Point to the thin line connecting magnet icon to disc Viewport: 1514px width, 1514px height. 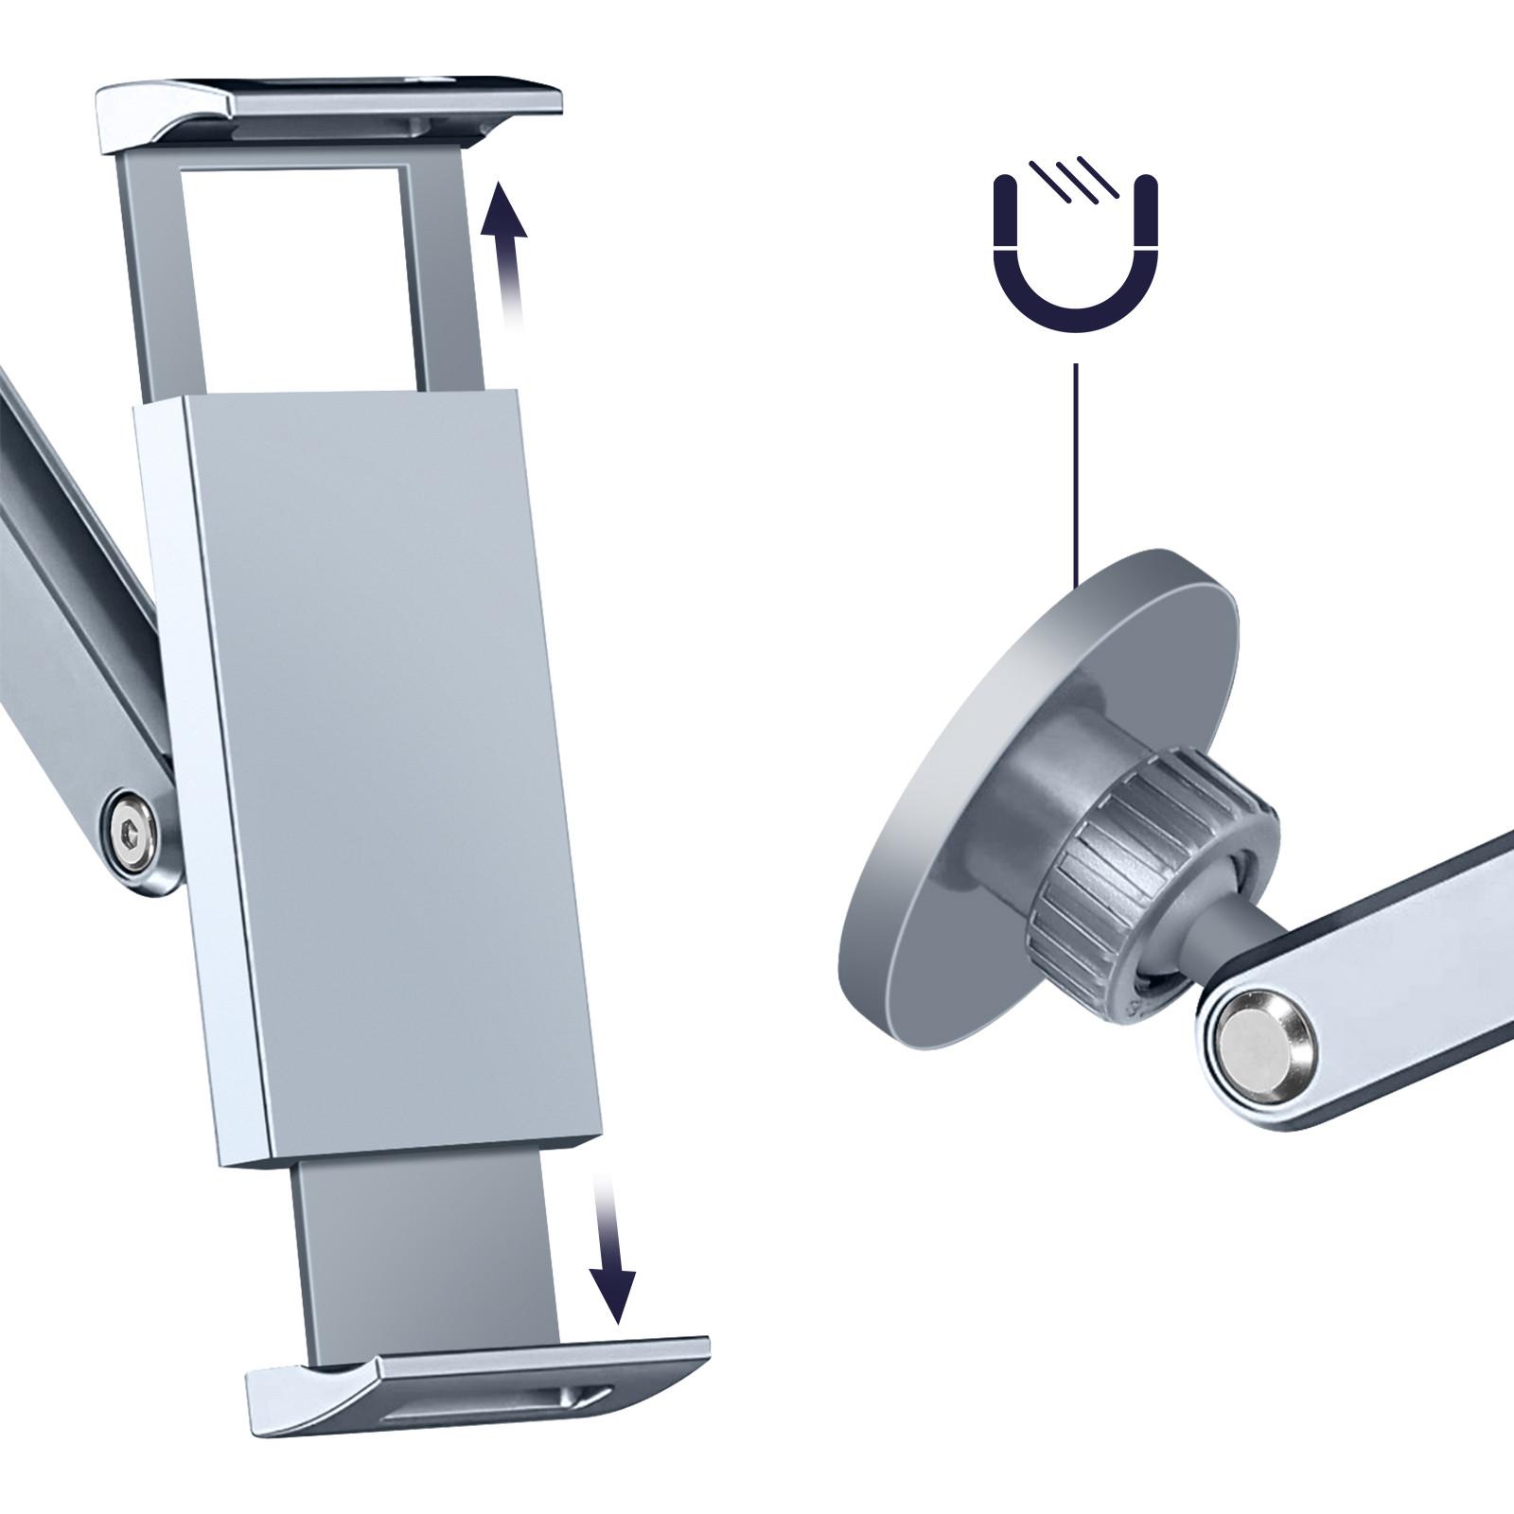(x=1076, y=473)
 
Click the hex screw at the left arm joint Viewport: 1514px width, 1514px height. (x=132, y=834)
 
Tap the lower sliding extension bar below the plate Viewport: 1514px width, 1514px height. (x=426, y=1249)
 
